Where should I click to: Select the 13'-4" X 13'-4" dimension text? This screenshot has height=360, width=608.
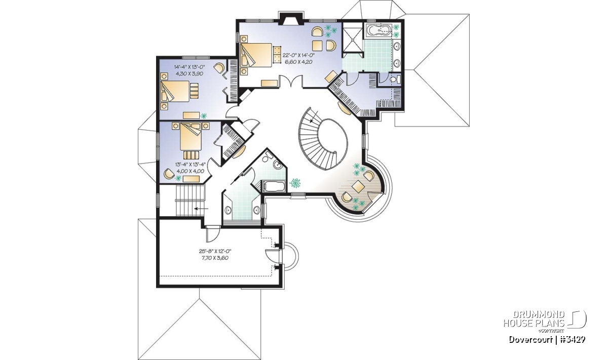191,165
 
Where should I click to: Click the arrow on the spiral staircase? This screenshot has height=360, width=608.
314,117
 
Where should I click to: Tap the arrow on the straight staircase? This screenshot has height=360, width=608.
201,209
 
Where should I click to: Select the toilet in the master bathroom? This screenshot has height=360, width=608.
395,79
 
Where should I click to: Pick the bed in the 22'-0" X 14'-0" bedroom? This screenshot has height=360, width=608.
256,55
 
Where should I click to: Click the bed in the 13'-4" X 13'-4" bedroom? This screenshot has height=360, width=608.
191,136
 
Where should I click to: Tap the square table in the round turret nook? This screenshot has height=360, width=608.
358,187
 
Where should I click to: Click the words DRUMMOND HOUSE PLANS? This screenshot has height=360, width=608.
534,319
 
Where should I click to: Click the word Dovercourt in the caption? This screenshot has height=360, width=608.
530,340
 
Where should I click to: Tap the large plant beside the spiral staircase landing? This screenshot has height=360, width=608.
295,183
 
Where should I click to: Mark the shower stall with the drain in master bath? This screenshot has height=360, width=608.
352,39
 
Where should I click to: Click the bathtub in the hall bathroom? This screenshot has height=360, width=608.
275,187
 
